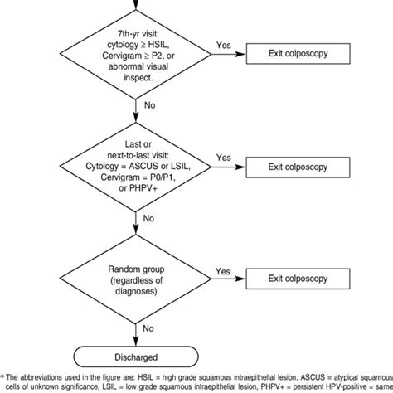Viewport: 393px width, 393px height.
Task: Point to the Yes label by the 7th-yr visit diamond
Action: pyautogui.click(x=223, y=46)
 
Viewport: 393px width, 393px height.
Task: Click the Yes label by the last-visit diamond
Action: pyautogui.click(x=223, y=157)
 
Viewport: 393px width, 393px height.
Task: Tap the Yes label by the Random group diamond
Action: pyautogui.click(x=223, y=271)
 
